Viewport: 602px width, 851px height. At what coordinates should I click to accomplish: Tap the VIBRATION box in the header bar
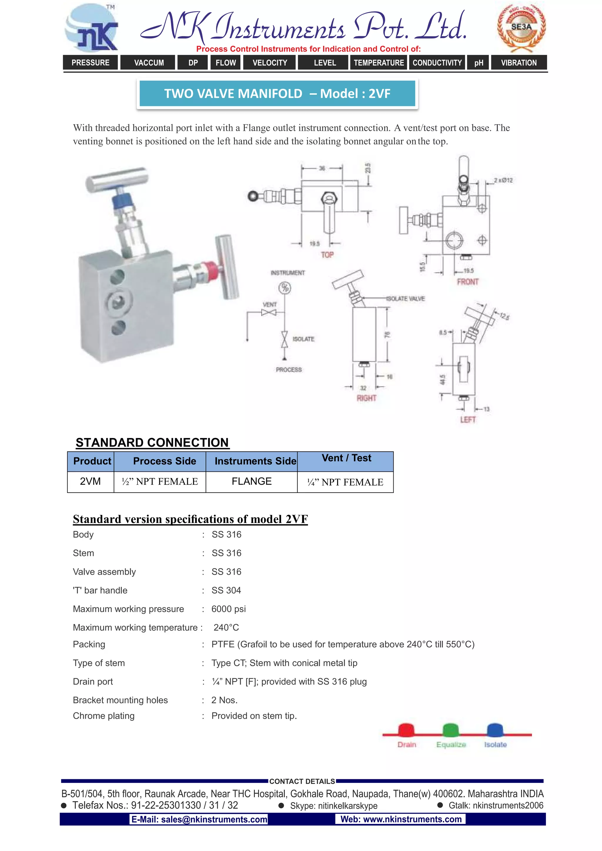click(x=519, y=63)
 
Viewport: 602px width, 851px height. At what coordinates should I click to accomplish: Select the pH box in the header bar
click(x=479, y=63)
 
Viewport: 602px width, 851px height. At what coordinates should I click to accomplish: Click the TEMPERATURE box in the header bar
click(x=379, y=63)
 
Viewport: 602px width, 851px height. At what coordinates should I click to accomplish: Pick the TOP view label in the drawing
click(x=327, y=255)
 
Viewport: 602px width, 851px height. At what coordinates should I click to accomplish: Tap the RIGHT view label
click(x=366, y=398)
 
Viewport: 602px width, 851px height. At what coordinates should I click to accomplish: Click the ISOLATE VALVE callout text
click(x=406, y=299)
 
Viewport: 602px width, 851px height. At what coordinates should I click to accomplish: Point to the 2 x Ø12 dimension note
click(x=503, y=180)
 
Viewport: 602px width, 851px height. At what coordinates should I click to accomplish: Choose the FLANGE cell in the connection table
click(x=252, y=481)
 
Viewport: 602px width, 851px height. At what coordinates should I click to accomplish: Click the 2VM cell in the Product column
click(x=91, y=481)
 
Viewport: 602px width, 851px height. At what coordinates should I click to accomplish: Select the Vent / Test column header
click(x=346, y=459)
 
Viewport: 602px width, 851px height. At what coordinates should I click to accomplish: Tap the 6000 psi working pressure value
click(x=228, y=609)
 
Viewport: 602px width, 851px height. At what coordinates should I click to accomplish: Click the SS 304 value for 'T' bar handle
click(x=226, y=591)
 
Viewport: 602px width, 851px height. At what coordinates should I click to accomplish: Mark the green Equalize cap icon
click(x=451, y=730)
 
